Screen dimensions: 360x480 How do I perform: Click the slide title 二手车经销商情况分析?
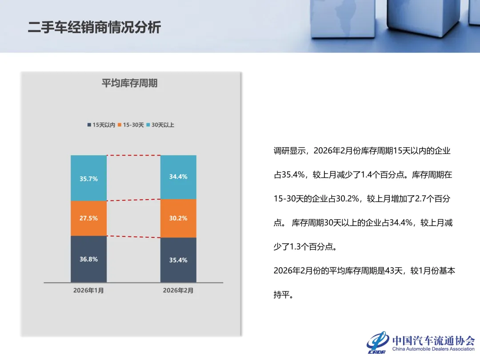[94, 28]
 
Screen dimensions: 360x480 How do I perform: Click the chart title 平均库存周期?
[129, 83]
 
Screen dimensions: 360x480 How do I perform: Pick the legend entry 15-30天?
[131, 125]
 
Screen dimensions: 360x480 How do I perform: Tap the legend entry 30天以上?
[160, 125]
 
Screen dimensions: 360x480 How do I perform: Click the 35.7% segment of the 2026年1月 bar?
[88, 178]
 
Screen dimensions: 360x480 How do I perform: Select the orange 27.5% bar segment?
[88, 218]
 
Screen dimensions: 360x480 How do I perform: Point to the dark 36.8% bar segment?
[88, 259]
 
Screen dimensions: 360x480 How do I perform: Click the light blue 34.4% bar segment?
[178, 177]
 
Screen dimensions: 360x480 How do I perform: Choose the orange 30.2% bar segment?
[178, 218]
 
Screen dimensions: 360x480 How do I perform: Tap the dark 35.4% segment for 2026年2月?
[178, 260]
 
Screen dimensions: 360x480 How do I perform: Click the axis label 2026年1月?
[88, 291]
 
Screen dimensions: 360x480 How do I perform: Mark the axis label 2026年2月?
[178, 291]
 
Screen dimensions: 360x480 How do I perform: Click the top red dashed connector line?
[133, 156]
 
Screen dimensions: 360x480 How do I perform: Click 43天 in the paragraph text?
[390, 271]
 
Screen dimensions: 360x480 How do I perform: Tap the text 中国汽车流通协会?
[433, 340]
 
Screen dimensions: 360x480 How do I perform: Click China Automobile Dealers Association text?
[433, 349]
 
